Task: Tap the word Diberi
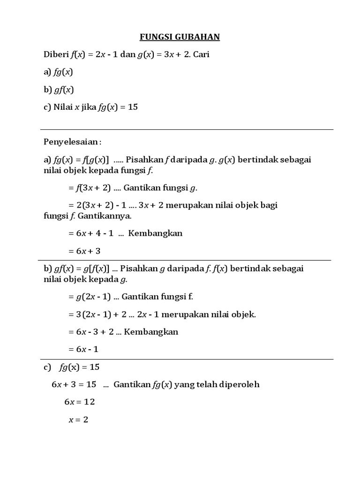56,54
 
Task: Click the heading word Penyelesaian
71,142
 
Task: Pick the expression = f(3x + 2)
89,188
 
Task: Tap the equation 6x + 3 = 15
74,384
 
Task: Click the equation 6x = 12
79,402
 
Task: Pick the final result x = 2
78,420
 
